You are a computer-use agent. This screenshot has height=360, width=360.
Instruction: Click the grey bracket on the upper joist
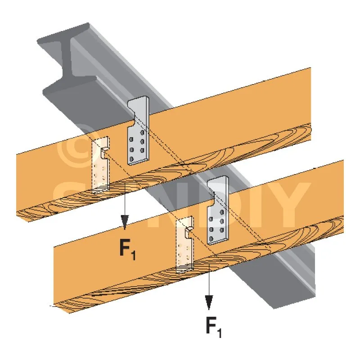139,135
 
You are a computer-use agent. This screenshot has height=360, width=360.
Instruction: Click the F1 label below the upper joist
127,250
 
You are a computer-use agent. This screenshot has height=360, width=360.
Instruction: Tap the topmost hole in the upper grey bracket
143,133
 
